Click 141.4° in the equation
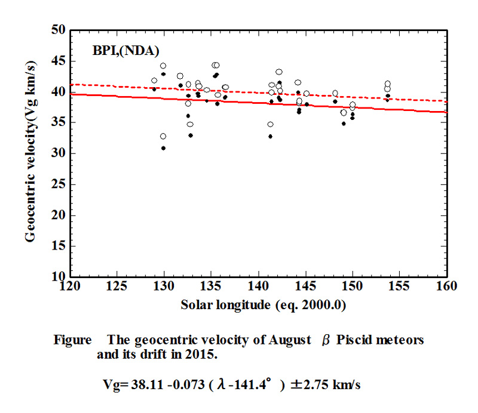[x=250, y=385]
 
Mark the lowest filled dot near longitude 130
[x=163, y=148]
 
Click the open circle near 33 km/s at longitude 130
[x=163, y=136]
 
